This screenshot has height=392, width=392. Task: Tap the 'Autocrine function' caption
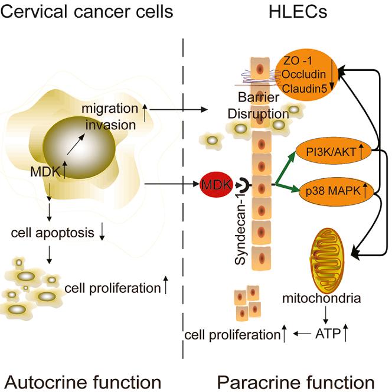[x=81, y=377]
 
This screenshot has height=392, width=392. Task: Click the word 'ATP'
[x=323, y=334]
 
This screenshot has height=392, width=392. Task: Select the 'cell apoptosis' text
[x=53, y=232]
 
